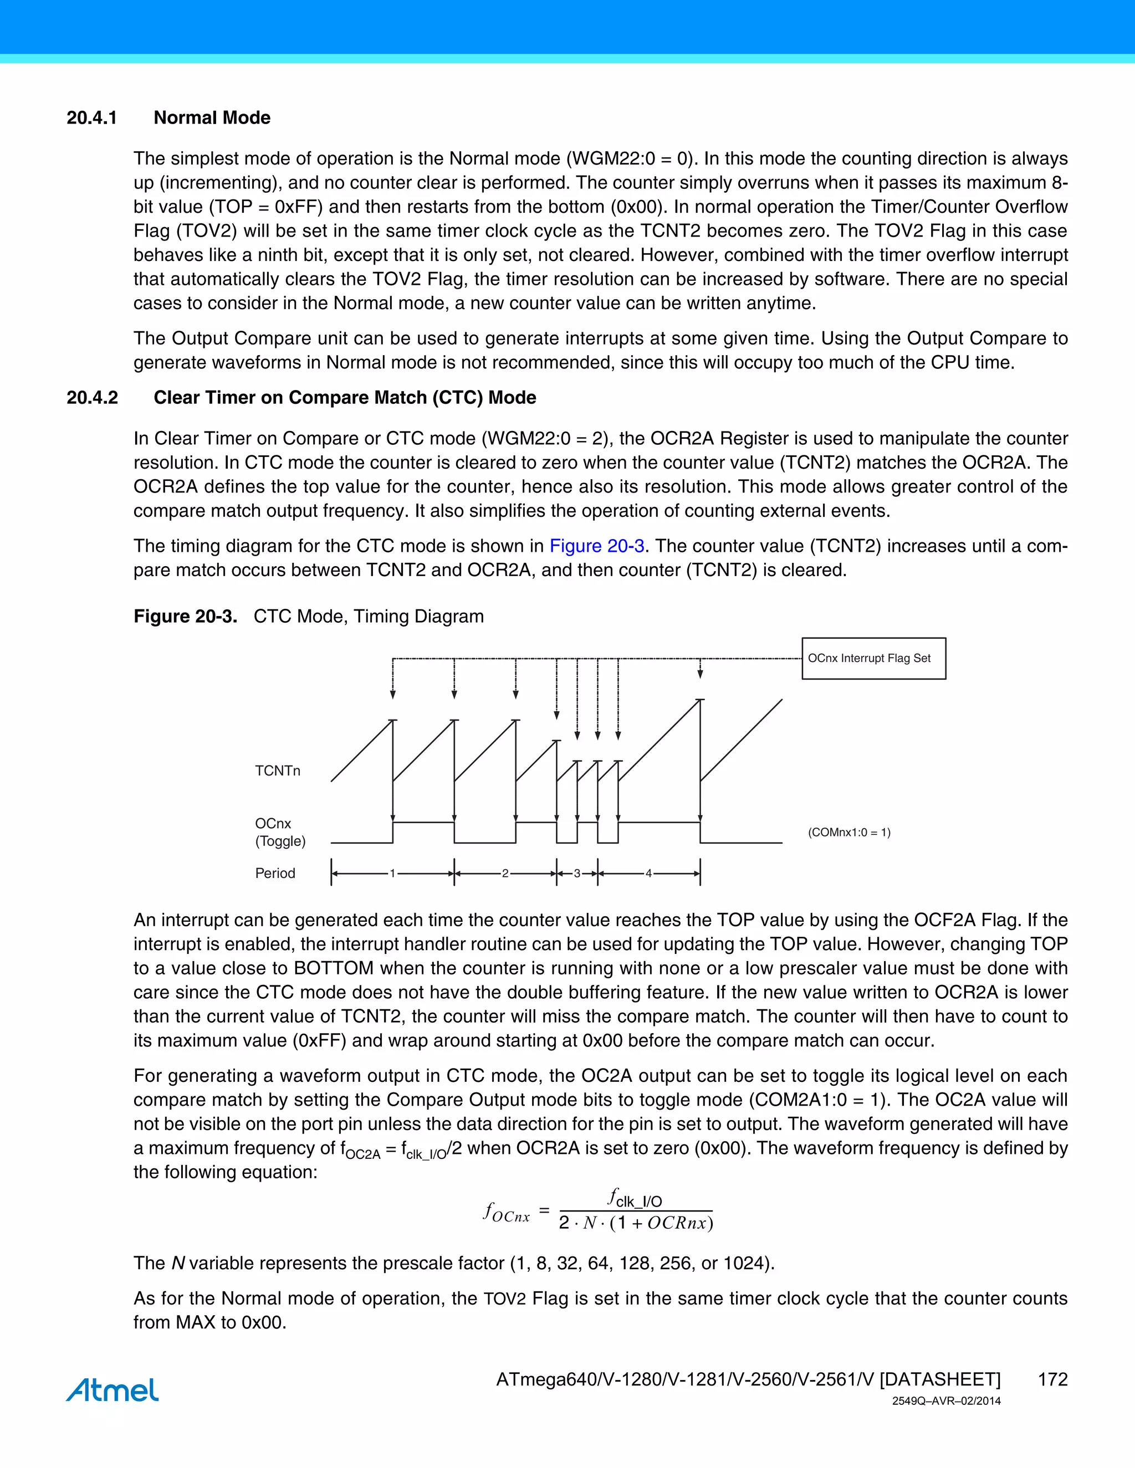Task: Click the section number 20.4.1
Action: (x=91, y=117)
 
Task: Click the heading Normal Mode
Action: (x=212, y=117)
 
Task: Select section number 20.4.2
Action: (x=92, y=397)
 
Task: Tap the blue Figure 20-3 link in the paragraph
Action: (x=596, y=546)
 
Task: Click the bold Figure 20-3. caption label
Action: (x=185, y=617)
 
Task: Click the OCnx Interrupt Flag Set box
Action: (x=873, y=659)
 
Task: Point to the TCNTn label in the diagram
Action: (x=277, y=771)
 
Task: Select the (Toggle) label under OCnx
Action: (x=280, y=841)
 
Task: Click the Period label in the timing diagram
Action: (x=275, y=873)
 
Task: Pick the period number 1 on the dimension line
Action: (x=393, y=874)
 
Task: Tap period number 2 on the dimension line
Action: (x=505, y=874)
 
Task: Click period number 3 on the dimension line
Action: (x=576, y=874)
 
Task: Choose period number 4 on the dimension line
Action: (x=648, y=874)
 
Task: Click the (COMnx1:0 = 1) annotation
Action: (x=848, y=833)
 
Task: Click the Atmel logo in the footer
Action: (x=113, y=1390)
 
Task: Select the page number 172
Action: (x=1052, y=1379)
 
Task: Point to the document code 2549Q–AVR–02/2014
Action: (x=946, y=1402)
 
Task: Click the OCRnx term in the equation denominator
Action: (x=677, y=1223)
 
